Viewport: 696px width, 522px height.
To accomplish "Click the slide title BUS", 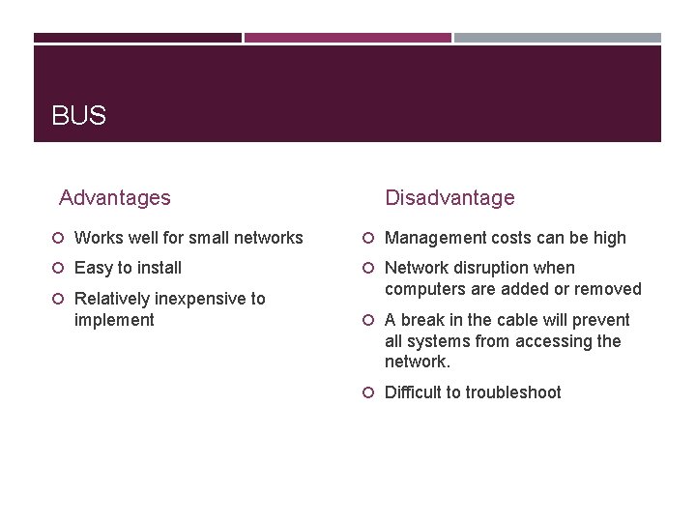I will click(78, 117).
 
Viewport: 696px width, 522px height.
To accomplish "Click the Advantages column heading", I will click(114, 198).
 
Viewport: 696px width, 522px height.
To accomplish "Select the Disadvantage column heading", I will click(449, 198).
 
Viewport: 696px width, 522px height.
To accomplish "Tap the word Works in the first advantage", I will click(98, 238).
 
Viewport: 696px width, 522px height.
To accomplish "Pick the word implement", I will click(114, 320).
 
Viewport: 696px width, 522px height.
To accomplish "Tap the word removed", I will click(609, 289).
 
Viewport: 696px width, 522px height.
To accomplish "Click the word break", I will click(422, 320).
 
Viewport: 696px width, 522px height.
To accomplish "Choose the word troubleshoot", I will click(513, 392).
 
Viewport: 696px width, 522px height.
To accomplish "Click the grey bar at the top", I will click(558, 38).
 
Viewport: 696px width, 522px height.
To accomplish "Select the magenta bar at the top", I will click(347, 38).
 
